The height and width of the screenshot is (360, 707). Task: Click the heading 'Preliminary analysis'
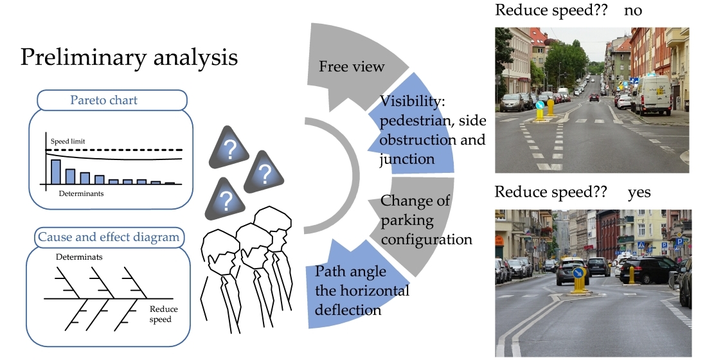[x=129, y=57]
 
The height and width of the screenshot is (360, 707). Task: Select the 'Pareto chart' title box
[x=112, y=100]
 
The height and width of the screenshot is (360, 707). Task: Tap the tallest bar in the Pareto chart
[x=56, y=172]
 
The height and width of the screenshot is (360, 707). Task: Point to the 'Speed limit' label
[x=67, y=141]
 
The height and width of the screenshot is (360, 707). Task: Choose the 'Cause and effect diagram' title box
[x=109, y=237]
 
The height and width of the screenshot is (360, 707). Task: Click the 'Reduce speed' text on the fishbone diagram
[x=160, y=314]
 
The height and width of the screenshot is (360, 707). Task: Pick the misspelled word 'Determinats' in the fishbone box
[x=80, y=257]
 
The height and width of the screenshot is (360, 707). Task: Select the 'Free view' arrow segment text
[x=352, y=67]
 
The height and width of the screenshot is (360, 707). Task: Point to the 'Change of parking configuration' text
[x=425, y=220]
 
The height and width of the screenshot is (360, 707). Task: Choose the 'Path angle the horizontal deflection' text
[x=362, y=291]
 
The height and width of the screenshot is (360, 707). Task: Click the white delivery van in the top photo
[x=652, y=94]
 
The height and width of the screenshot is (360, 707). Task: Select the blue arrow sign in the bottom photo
[x=578, y=274]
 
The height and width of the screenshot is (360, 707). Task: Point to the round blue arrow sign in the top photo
[x=541, y=105]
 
